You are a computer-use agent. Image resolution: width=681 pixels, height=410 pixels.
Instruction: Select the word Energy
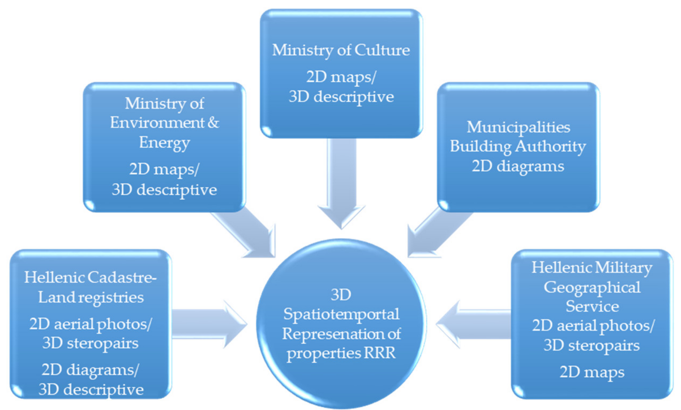(x=164, y=143)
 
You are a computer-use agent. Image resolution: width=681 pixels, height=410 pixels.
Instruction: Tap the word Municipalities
(x=518, y=127)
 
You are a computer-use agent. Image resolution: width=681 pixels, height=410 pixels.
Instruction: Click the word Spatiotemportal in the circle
(x=341, y=314)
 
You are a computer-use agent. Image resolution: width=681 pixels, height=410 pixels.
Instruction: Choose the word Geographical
(x=592, y=288)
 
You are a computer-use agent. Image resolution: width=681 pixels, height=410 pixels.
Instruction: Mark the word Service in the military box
(x=592, y=306)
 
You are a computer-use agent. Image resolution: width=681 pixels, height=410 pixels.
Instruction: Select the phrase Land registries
(x=91, y=297)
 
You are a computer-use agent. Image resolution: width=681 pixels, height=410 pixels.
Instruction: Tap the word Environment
(x=157, y=123)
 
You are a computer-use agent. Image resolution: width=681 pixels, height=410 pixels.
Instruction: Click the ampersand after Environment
(x=213, y=123)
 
